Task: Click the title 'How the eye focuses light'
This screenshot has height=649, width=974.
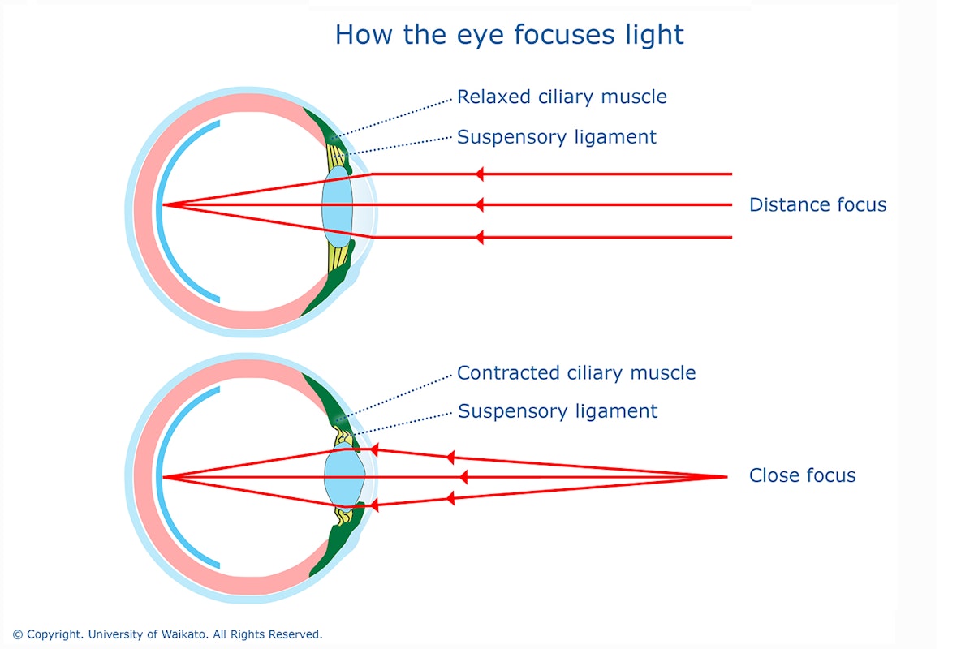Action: click(509, 35)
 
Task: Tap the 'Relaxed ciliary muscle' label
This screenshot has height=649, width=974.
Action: click(562, 97)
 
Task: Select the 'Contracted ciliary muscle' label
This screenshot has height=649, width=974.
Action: click(576, 373)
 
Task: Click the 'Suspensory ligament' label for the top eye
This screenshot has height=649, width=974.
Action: click(557, 137)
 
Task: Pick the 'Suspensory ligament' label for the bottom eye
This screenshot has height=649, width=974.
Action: click(558, 411)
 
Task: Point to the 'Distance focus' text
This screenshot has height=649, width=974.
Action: click(817, 204)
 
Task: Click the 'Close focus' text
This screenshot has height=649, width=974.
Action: click(802, 475)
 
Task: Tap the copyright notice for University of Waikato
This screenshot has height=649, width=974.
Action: click(167, 634)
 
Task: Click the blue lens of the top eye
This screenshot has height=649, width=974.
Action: click(337, 207)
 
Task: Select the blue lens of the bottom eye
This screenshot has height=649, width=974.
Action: click(344, 476)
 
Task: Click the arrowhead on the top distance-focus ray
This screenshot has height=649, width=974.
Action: click(479, 174)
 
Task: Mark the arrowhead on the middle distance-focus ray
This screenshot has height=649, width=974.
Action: click(479, 204)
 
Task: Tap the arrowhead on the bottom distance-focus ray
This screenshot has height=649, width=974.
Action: click(479, 238)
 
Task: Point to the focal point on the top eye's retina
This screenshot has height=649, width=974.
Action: click(163, 204)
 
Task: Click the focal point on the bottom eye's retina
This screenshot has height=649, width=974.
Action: click(163, 477)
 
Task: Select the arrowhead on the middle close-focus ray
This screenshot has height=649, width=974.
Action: click(463, 477)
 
